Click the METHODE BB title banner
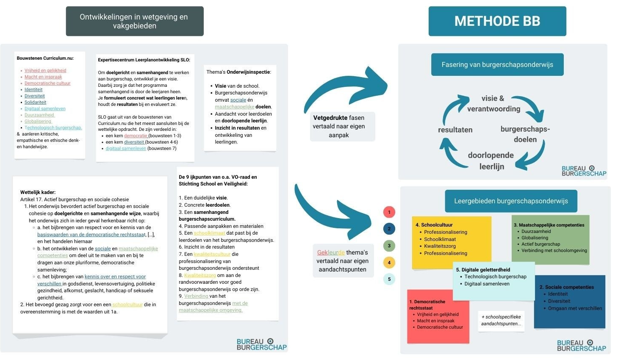tap(497, 21)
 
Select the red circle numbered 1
tap(389, 212)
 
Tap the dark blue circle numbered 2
tap(389, 229)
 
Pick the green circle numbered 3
tap(389, 246)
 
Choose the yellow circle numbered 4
tap(389, 263)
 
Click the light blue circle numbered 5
tap(389, 279)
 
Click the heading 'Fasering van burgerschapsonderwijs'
tap(497, 65)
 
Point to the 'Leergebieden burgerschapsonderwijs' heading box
tap(511, 201)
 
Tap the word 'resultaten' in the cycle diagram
tap(455, 130)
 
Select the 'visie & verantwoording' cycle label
tap(493, 104)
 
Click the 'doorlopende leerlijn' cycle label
tap(491, 161)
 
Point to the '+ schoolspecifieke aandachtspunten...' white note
tap(501, 320)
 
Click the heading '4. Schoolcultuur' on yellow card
tap(434, 225)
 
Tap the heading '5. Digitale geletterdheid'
tap(483, 270)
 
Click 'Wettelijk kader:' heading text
tap(38, 192)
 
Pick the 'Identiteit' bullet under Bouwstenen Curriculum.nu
tap(33, 90)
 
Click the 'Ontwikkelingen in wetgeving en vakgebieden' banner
tap(135, 21)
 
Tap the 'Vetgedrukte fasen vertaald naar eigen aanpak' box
tap(339, 126)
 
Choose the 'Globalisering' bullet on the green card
tap(535, 238)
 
